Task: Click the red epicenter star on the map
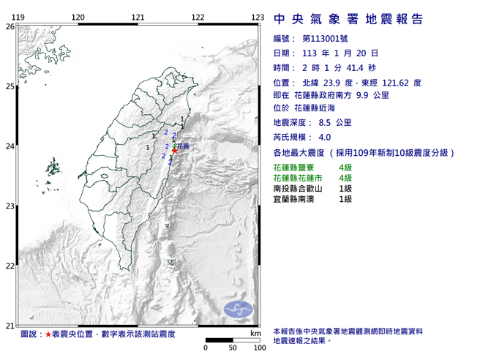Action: click(x=175, y=152)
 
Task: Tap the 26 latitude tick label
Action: click(x=10, y=26)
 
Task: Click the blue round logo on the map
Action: click(x=239, y=310)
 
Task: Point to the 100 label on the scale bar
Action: click(x=259, y=348)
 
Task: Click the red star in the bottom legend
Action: click(x=48, y=334)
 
